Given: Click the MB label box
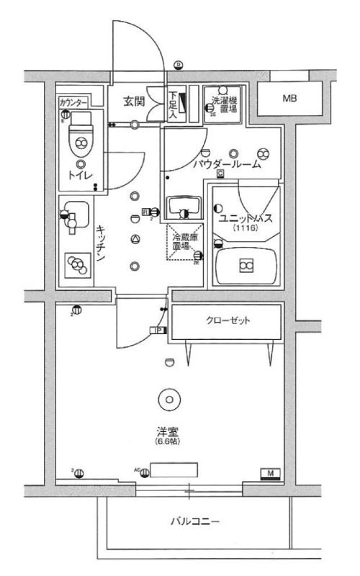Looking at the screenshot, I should tap(289, 99).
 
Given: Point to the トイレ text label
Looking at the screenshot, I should tap(78, 174).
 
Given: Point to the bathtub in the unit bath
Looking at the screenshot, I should tap(246, 265).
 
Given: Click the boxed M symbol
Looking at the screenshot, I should tap(271, 473).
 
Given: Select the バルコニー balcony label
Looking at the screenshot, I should tap(194, 520).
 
